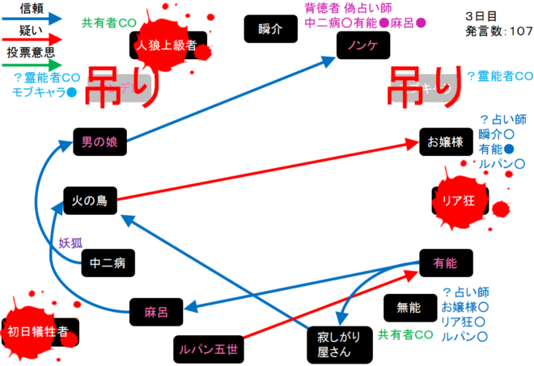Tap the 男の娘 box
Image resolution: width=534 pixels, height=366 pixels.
[100, 141]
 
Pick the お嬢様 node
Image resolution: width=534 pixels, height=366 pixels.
[445, 141]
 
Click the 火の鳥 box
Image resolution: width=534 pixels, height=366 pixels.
[91, 199]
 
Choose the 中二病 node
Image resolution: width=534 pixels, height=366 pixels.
[107, 263]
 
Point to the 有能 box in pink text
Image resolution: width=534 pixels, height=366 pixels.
[445, 263]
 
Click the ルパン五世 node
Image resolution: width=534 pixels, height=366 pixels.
[209, 349]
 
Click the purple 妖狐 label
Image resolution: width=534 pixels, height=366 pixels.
[70, 242]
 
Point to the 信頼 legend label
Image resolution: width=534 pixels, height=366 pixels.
[32, 7]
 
